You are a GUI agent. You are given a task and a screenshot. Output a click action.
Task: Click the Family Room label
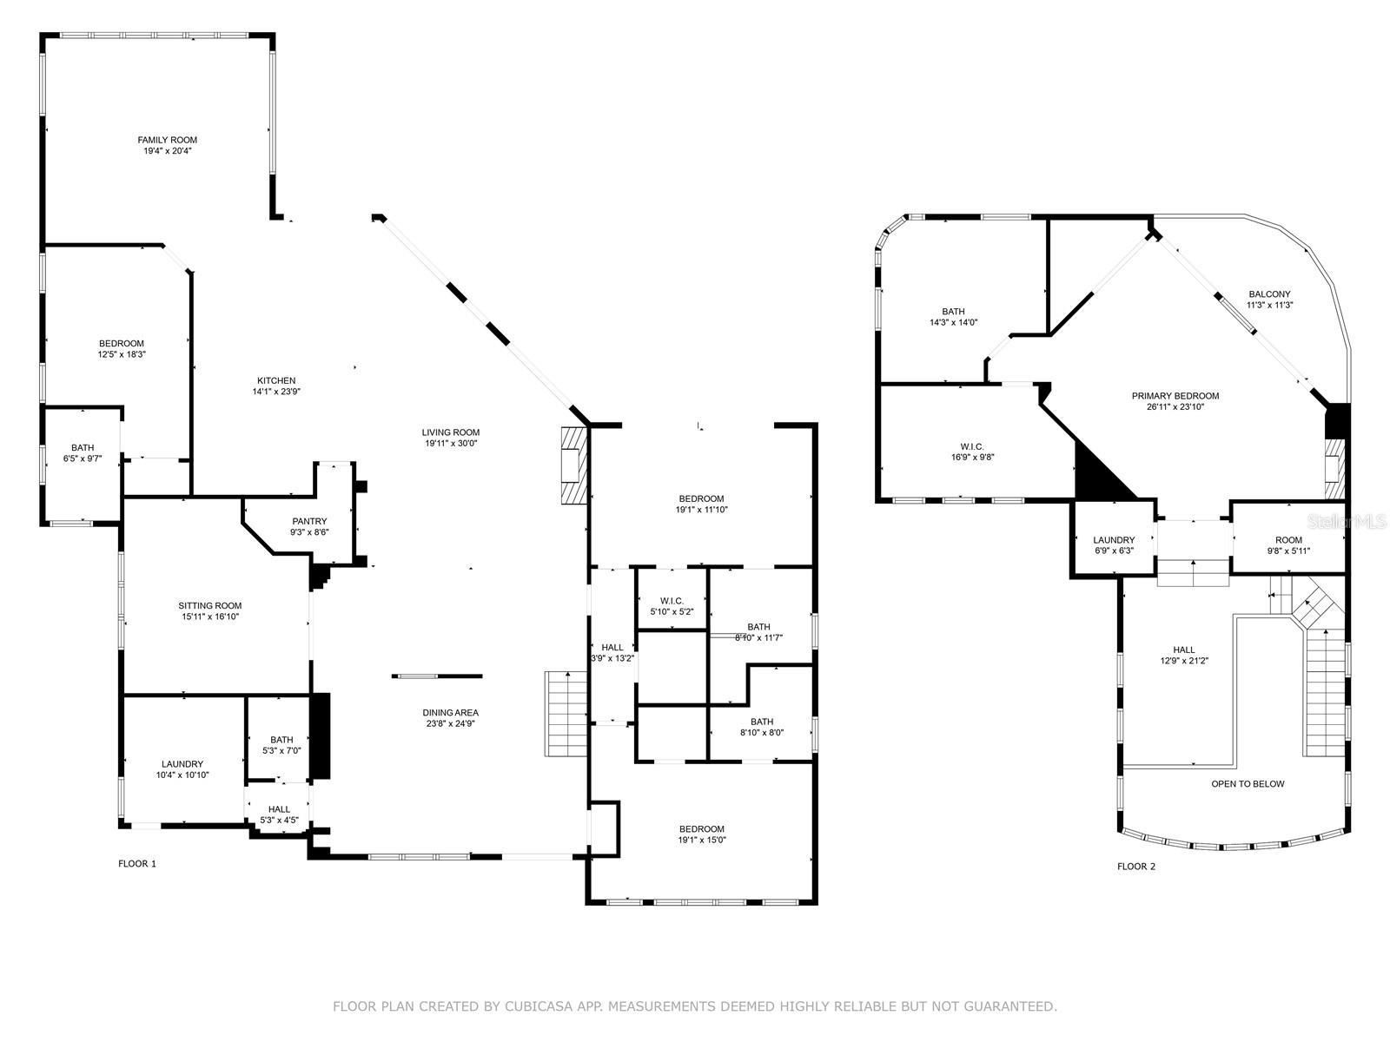click(167, 140)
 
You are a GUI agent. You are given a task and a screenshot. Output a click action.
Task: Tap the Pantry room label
click(309, 521)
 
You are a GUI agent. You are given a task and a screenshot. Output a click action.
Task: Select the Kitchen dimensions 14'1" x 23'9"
click(276, 392)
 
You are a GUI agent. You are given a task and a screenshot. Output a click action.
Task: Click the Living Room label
click(451, 432)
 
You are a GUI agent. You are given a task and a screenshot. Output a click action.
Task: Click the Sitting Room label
click(210, 606)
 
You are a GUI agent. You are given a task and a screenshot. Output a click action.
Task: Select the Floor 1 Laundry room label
click(182, 764)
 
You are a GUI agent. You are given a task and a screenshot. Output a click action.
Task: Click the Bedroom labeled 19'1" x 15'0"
click(702, 829)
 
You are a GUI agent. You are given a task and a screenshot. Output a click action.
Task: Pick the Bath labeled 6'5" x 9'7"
click(83, 448)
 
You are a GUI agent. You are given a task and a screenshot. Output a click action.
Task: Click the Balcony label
click(1269, 294)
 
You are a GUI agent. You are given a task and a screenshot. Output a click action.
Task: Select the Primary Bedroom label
click(1175, 396)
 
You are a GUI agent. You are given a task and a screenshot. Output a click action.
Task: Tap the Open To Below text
click(1248, 784)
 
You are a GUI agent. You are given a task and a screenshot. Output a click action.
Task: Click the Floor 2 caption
click(1135, 867)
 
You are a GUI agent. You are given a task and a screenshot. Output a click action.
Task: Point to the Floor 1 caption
click(137, 864)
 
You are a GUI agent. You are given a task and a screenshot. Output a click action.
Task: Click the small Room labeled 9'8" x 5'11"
click(1288, 540)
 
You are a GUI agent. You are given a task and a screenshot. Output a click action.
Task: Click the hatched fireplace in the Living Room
click(573, 465)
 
